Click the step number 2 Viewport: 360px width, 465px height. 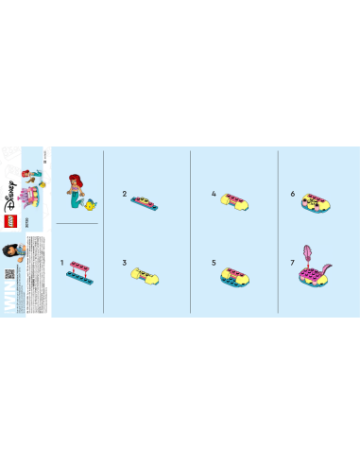(124, 193)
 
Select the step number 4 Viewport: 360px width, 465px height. (214, 193)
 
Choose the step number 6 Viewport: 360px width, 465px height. (293, 193)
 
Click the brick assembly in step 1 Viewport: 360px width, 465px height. (80, 270)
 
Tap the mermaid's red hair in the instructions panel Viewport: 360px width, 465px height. (74, 182)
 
